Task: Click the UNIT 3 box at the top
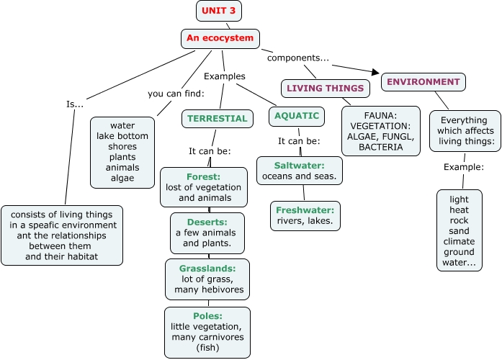(x=218, y=11)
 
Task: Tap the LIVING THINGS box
(x=324, y=89)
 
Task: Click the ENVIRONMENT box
(x=423, y=82)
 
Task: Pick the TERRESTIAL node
(x=217, y=118)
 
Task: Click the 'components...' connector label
(x=298, y=57)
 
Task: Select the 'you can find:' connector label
(x=176, y=93)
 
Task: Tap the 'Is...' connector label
(x=75, y=104)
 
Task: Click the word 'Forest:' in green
(x=202, y=176)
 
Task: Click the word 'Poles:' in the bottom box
(x=207, y=315)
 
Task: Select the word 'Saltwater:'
(x=299, y=166)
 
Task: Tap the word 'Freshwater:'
(x=305, y=210)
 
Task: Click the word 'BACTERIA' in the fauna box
(x=380, y=148)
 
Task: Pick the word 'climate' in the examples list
(x=459, y=241)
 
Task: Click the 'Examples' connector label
(x=224, y=76)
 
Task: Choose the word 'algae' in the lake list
(x=122, y=178)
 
